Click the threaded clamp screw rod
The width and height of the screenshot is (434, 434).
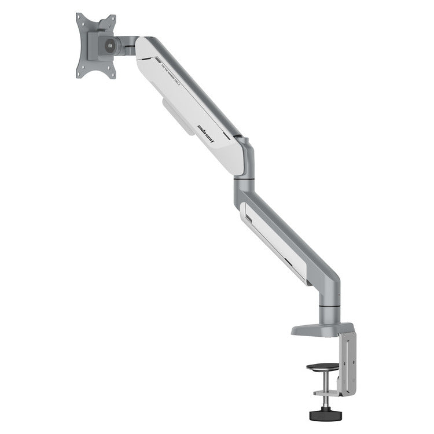[324, 393]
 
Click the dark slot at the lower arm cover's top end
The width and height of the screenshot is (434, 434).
[248, 219]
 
